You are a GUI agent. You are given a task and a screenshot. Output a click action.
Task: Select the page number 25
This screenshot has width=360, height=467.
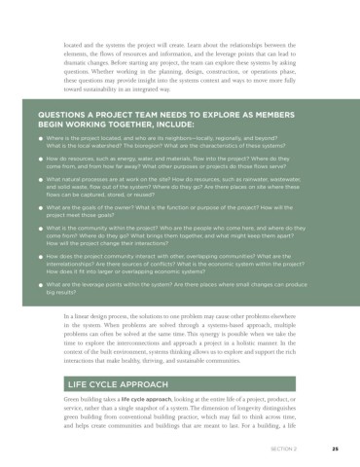coord(334,449)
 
